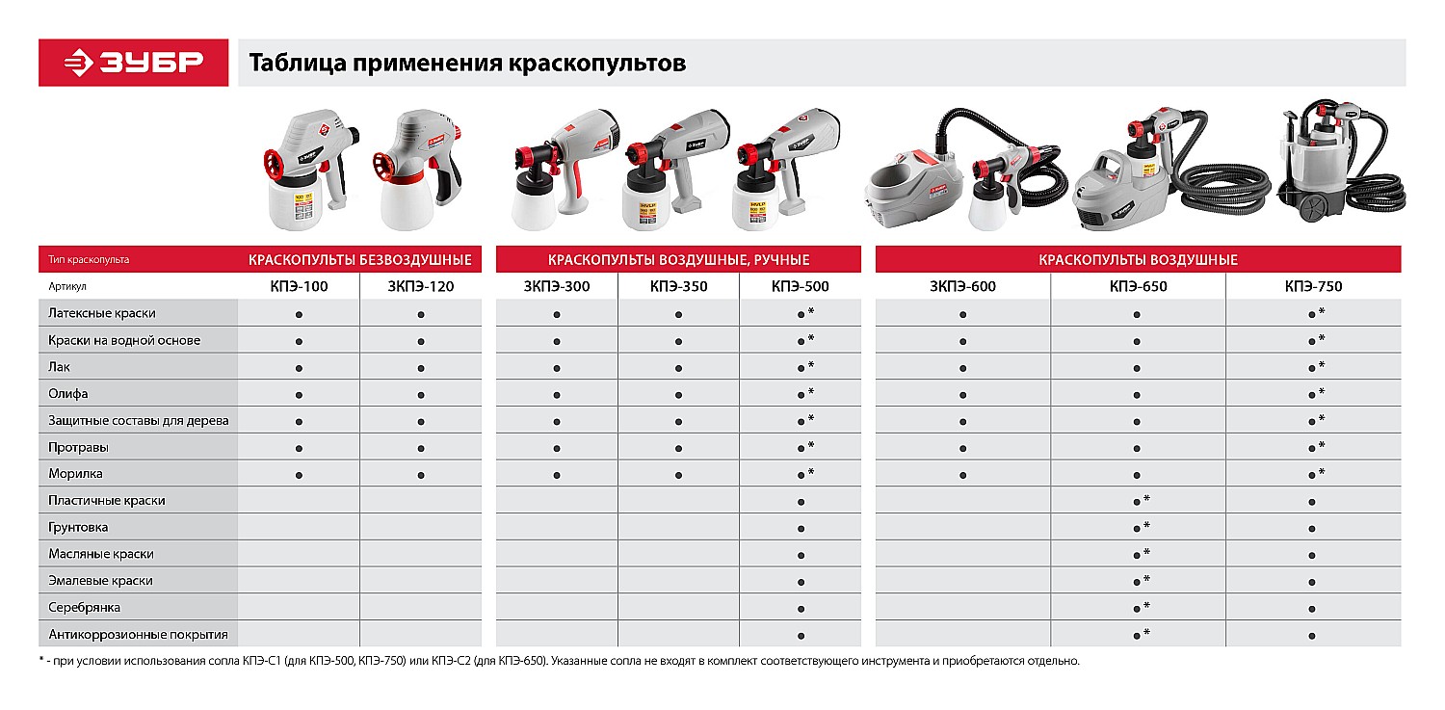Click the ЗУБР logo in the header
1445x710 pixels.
coord(134,63)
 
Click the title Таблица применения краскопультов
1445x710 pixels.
coord(467,64)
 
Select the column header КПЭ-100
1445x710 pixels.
coord(298,286)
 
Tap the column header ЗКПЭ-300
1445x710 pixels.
coord(557,286)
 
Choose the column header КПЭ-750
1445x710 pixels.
coord(1312,286)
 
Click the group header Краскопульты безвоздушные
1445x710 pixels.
coord(360,260)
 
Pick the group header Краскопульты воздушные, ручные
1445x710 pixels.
coord(678,260)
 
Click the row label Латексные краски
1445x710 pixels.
coord(102,313)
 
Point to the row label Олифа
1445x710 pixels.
coord(68,394)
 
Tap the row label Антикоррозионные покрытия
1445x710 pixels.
coord(139,635)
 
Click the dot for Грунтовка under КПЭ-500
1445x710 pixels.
coord(801,529)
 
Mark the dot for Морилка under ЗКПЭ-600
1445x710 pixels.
coord(963,475)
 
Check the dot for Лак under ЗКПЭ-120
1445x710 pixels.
coord(421,368)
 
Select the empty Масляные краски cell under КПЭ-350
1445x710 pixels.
coord(678,554)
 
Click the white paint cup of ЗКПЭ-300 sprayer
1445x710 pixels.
coord(532,205)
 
